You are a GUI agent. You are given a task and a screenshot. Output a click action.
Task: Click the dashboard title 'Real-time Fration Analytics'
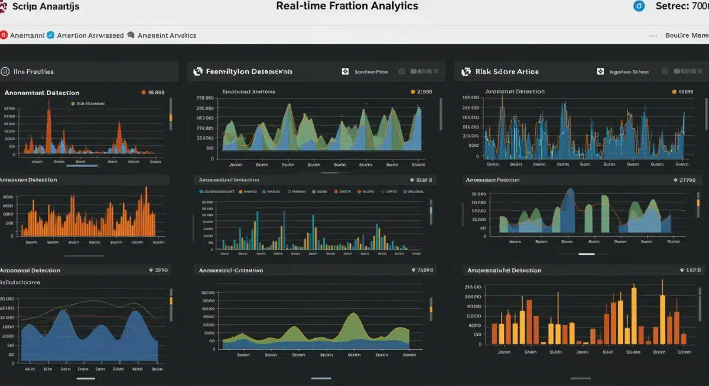[347, 6]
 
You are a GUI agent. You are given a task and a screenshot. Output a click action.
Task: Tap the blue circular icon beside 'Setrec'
[638, 6]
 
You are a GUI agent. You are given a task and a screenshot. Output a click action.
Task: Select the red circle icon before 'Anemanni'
[4, 35]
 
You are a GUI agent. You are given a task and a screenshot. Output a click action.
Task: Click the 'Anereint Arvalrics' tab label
[167, 35]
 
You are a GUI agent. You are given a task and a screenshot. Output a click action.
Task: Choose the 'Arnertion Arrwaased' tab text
[90, 35]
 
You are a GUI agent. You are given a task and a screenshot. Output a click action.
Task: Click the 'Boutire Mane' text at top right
[686, 35]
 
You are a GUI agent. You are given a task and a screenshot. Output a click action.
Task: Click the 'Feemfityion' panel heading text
[249, 71]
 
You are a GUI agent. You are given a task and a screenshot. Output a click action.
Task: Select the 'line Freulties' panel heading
[34, 71]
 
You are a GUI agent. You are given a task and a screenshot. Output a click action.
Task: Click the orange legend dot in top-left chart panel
[143, 93]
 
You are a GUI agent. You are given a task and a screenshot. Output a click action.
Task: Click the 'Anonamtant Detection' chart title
[42, 93]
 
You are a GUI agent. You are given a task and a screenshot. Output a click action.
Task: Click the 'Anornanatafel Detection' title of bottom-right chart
[504, 270]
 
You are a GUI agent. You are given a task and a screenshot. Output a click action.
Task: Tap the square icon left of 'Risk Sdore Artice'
[466, 71]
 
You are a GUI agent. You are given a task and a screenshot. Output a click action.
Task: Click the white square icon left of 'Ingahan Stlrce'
[600, 71]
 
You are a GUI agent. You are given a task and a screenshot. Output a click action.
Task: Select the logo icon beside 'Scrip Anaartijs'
[4, 6]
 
